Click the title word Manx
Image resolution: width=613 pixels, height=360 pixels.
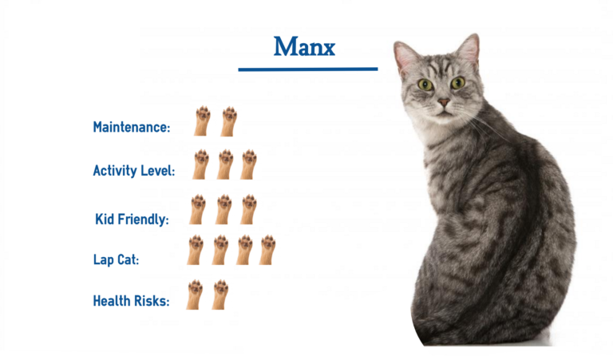[x=304, y=47]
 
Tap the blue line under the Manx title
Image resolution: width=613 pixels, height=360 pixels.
[x=307, y=69]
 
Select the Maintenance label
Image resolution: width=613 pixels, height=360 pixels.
[x=132, y=127]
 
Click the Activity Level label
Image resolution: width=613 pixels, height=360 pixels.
[x=134, y=170]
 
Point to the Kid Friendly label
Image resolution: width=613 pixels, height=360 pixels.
[x=132, y=219]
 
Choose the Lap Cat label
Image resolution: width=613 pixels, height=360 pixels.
[x=117, y=259]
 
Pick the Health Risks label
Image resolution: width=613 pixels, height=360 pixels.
[x=132, y=301]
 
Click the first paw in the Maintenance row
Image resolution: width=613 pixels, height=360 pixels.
[x=202, y=121]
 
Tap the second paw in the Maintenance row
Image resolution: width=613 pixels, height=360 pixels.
[x=229, y=121]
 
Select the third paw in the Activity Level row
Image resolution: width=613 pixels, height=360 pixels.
[x=249, y=164]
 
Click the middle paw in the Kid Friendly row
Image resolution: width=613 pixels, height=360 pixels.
[x=223, y=209]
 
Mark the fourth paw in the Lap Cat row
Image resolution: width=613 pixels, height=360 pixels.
[x=267, y=249]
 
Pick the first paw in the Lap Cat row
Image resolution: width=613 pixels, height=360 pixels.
[x=196, y=249]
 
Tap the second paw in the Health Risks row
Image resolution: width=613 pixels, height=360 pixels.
[x=220, y=294]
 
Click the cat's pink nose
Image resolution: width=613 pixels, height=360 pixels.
[x=443, y=102]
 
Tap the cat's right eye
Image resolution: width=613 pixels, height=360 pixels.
[x=457, y=82]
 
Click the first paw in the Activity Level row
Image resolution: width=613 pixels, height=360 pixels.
[x=201, y=164]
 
